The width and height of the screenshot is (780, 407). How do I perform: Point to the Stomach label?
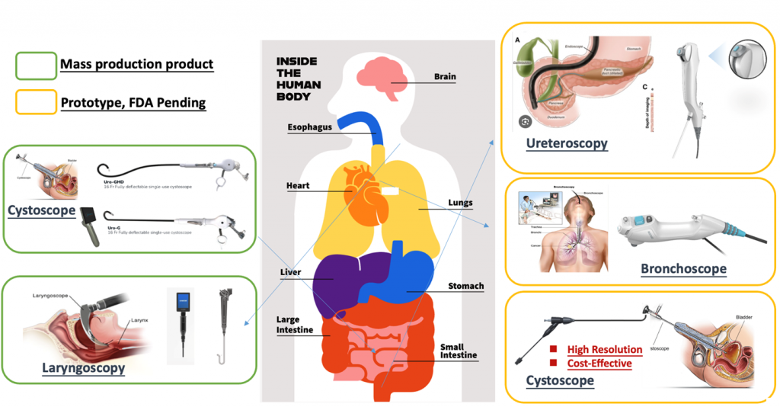[x=465, y=286]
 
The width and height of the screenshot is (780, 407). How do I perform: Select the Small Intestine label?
[x=458, y=351]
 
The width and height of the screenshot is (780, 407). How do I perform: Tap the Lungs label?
[x=460, y=203]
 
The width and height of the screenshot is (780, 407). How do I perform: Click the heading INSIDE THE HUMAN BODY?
[x=298, y=79]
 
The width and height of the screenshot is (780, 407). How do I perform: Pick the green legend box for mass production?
[x=36, y=65]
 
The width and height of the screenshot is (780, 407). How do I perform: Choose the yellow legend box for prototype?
[x=36, y=101]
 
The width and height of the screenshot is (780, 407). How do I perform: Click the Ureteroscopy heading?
[x=567, y=143]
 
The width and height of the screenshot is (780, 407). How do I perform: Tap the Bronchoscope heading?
[x=683, y=268]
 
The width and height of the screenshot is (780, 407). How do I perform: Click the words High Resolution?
[x=604, y=349]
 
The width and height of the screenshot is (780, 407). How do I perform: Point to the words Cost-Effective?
[x=599, y=364]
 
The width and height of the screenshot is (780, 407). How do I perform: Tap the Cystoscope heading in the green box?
[x=41, y=210]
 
